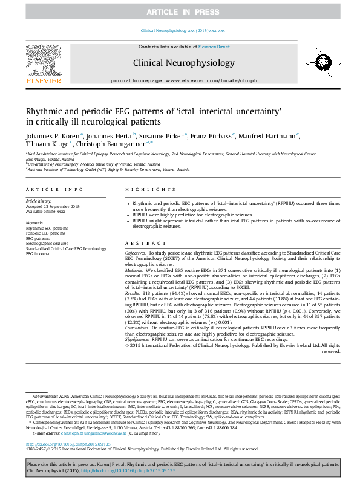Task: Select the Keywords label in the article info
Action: point(35,222)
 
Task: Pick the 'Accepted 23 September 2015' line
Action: point(53,207)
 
